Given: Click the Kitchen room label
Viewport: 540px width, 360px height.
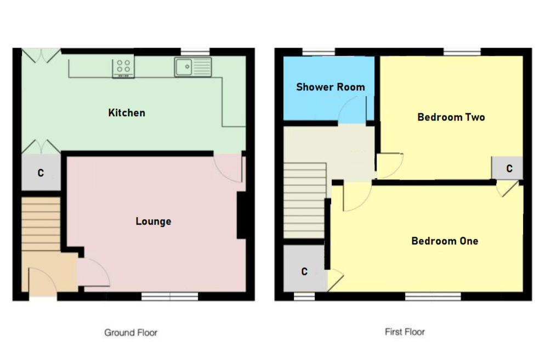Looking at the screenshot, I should click(127, 113).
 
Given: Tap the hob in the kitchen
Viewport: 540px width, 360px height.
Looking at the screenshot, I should click(123, 67).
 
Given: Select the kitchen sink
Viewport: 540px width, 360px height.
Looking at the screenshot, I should click(193, 67).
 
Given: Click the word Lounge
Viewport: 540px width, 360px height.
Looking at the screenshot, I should click(154, 221).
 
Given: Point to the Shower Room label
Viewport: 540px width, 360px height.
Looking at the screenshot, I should click(330, 87).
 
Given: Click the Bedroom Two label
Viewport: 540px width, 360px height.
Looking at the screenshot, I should click(451, 117).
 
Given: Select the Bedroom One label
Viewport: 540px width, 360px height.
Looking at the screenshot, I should click(445, 241).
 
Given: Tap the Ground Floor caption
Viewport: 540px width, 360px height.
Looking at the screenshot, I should click(131, 333).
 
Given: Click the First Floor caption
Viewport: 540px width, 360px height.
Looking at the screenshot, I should click(405, 332).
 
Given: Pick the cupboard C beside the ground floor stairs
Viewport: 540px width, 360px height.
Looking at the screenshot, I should click(41, 173).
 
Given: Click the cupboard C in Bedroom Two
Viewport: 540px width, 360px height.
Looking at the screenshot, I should click(509, 168).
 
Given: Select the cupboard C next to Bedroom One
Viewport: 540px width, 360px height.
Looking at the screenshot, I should click(304, 271).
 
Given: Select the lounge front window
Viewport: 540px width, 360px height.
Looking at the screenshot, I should click(169, 296).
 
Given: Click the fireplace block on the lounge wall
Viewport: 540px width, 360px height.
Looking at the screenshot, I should click(241, 215).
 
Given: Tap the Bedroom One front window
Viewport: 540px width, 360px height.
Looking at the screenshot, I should click(433, 296).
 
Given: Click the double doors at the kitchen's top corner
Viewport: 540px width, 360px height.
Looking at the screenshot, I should click(41, 54).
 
